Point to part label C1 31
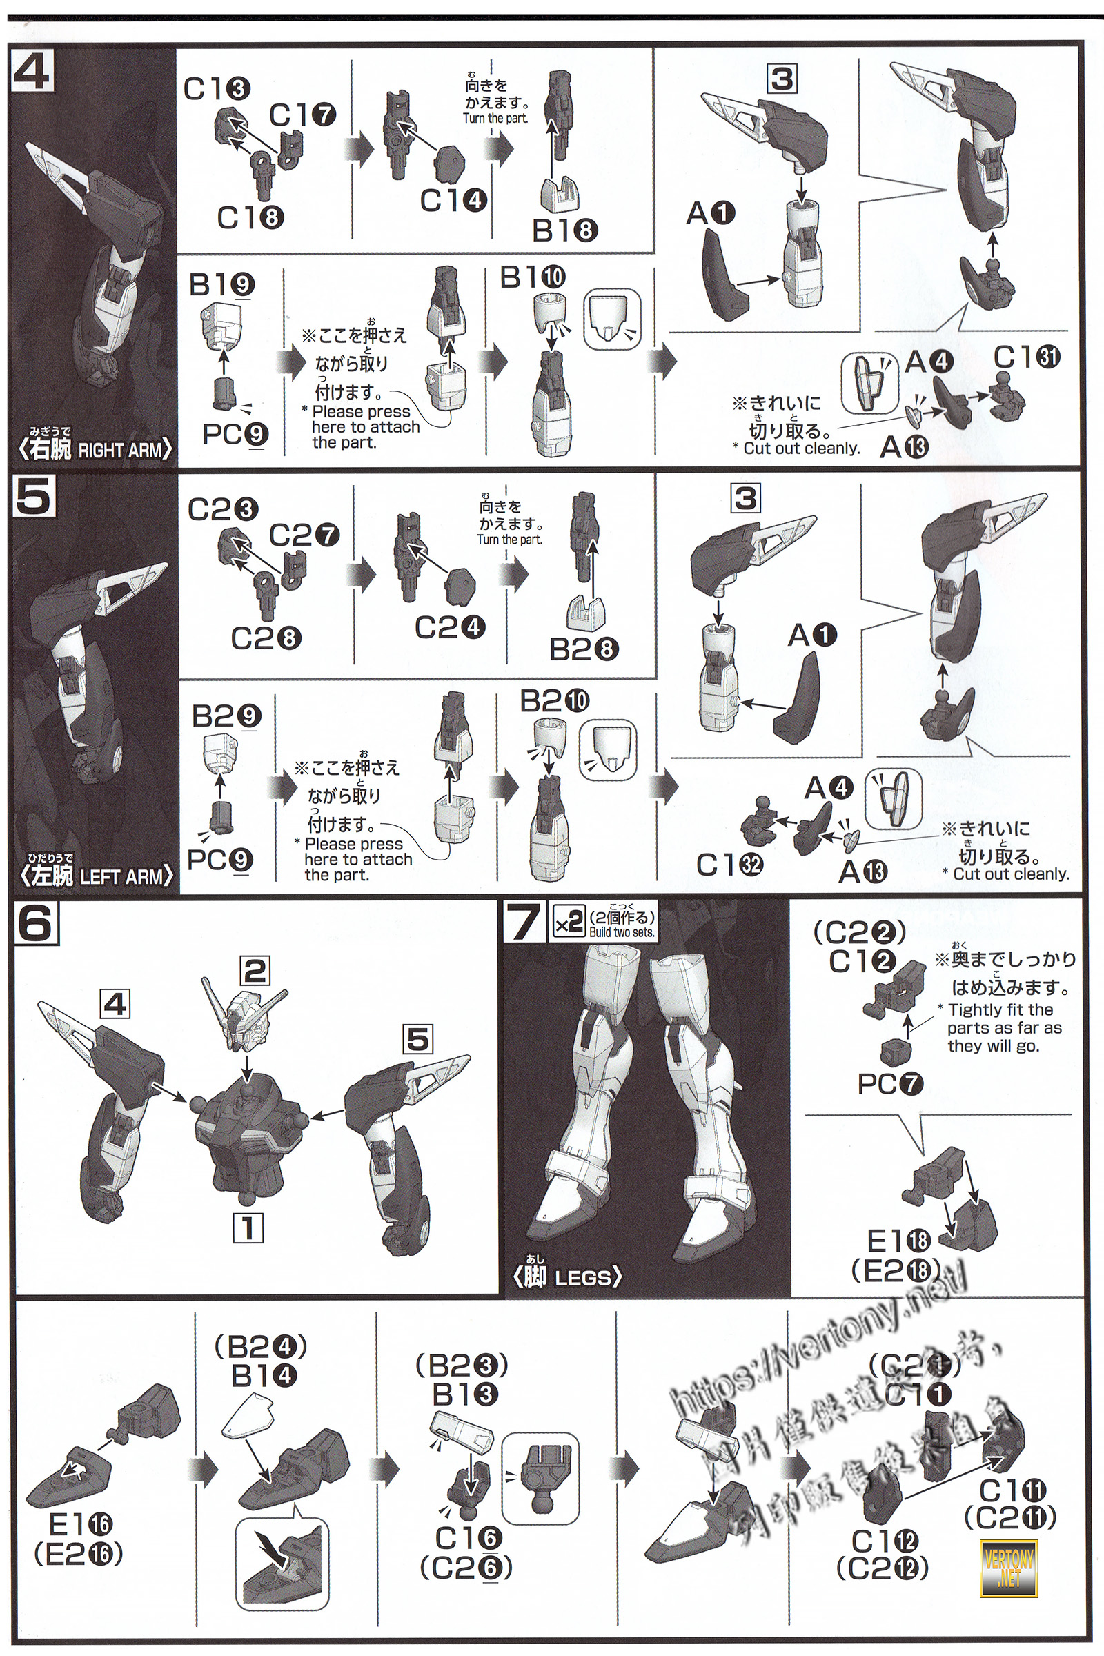coord(1027,357)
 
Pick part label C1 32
coord(729,865)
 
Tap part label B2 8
coord(584,649)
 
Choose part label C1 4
coord(453,201)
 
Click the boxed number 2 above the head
coord(254,971)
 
